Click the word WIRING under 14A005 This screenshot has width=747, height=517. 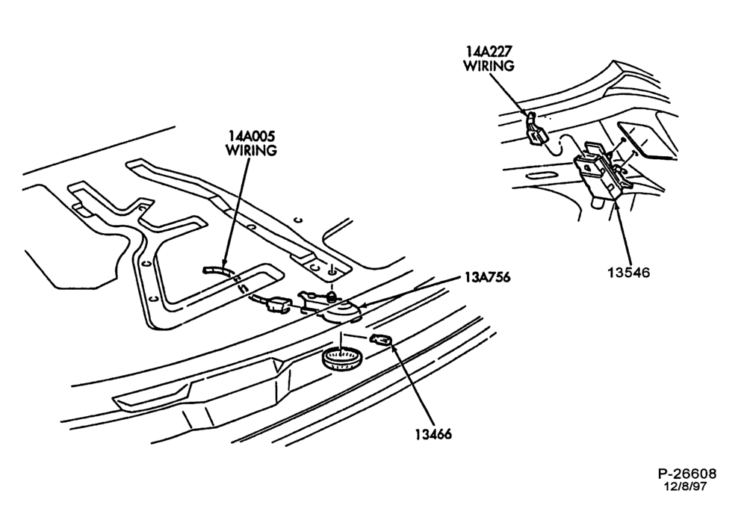251,150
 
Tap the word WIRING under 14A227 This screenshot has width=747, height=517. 489,66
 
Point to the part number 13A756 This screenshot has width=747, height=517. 486,277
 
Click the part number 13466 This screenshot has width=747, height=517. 433,434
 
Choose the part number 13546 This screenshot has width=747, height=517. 629,272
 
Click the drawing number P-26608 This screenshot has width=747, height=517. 687,474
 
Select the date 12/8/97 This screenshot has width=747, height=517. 686,486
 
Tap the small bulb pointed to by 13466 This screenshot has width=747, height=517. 381,340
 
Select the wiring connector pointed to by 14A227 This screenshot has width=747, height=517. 536,130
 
